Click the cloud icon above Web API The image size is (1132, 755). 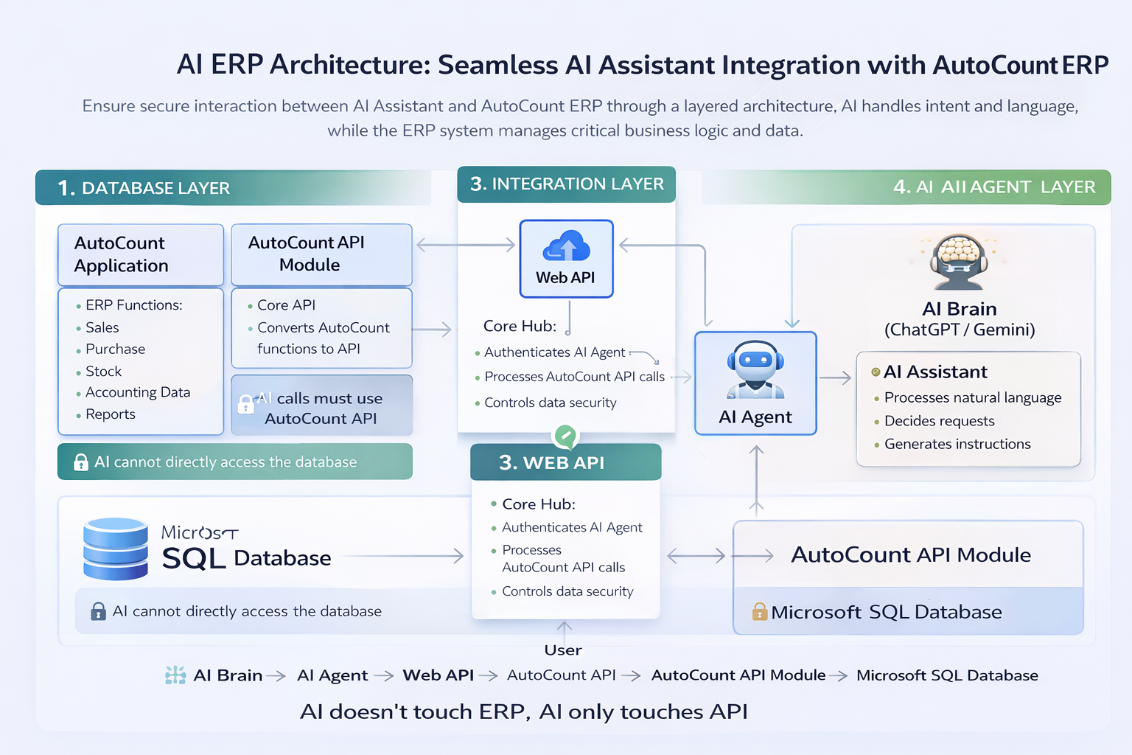click(x=566, y=246)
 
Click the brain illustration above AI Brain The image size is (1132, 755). click(x=959, y=258)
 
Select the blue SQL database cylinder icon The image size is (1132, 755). click(x=116, y=549)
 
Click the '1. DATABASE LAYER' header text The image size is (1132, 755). click(x=144, y=188)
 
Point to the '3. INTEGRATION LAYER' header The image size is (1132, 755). click(x=567, y=184)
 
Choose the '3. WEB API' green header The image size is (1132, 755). click(x=565, y=462)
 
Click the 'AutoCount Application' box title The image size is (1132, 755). click(x=122, y=254)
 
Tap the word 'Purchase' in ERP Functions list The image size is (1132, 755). click(x=115, y=349)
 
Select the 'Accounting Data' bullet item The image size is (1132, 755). click(x=138, y=392)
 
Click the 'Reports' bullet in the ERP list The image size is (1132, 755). click(x=111, y=414)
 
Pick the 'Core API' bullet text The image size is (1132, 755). click(x=286, y=305)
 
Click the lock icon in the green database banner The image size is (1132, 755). click(x=81, y=462)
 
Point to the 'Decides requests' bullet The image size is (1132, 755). click(x=939, y=421)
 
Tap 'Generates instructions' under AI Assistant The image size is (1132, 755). click(x=957, y=444)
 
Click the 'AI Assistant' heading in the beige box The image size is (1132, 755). click(x=935, y=372)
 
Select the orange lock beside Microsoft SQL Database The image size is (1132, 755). click(x=760, y=611)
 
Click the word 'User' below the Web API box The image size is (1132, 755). click(x=563, y=650)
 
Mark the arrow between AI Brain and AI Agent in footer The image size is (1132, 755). click(x=276, y=675)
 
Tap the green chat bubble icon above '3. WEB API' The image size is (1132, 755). click(x=565, y=436)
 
